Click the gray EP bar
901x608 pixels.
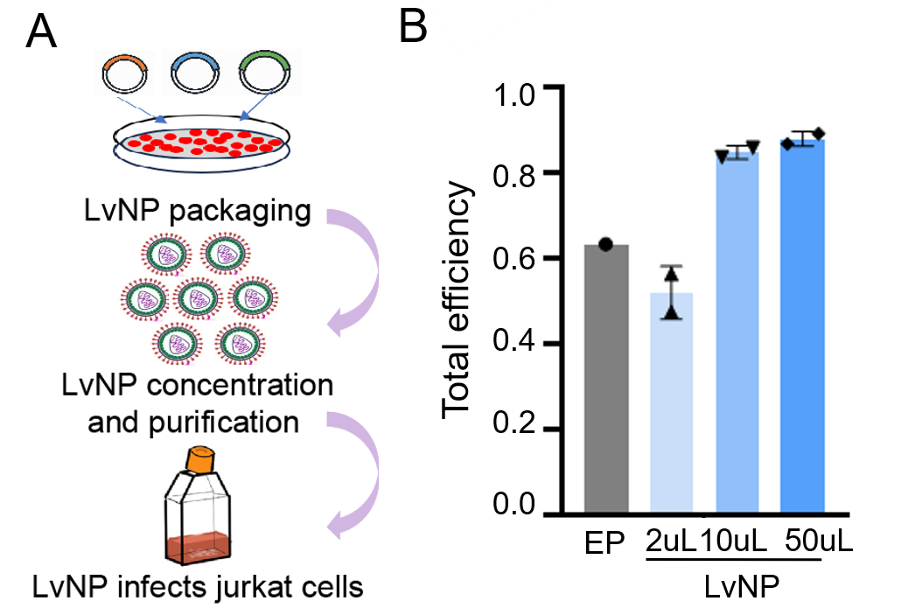[606, 380]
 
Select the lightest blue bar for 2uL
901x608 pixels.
[671, 402]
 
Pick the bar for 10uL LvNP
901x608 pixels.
[737, 332]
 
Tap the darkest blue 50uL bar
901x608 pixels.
[803, 325]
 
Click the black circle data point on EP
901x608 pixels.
[605, 244]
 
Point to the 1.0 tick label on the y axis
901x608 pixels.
[513, 94]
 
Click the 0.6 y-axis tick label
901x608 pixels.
[513, 259]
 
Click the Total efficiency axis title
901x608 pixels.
[457, 300]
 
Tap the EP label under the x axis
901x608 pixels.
[604, 543]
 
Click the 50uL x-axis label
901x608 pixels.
[819, 541]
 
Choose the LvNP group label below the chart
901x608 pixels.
[742, 587]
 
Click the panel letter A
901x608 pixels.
[41, 32]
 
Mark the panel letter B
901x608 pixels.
[413, 26]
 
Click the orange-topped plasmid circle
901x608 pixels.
[128, 73]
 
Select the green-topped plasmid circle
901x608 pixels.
[265, 73]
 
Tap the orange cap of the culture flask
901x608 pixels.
[200, 459]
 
